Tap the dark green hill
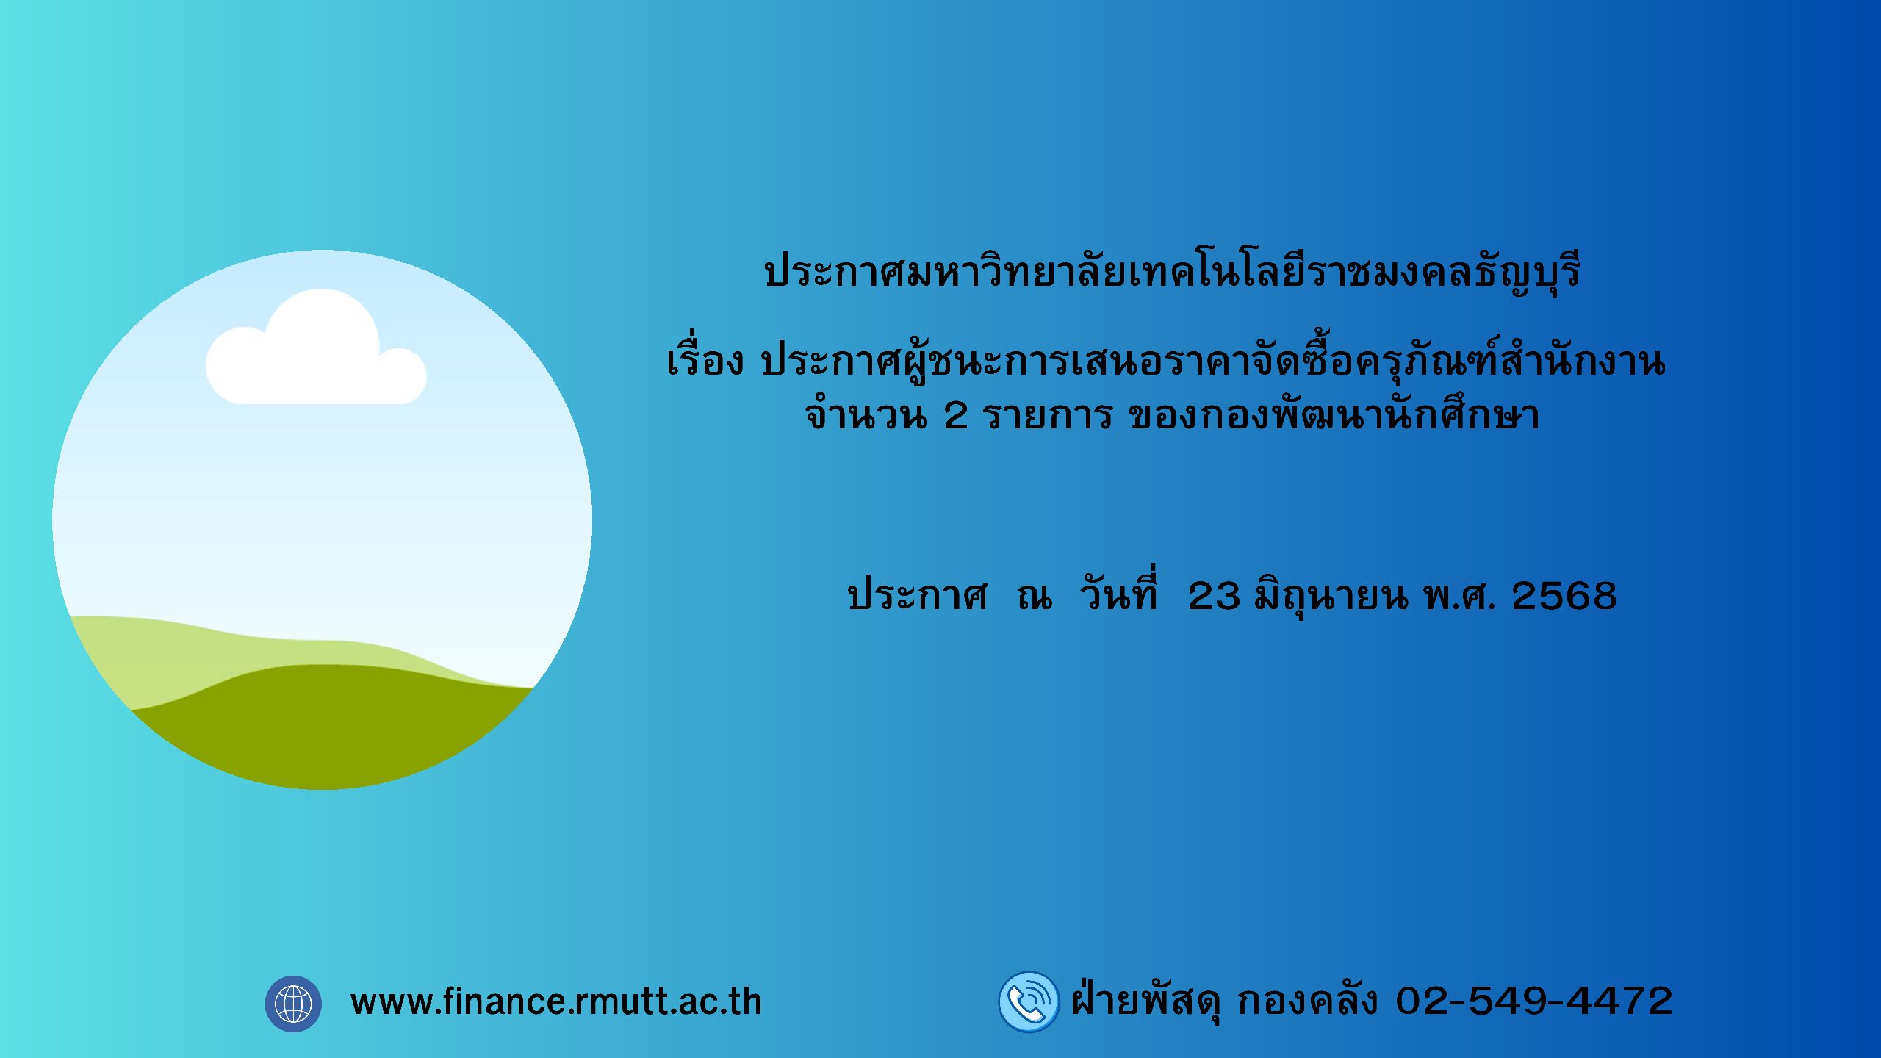point(331,727)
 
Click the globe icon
point(293,1004)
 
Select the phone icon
point(1029,1002)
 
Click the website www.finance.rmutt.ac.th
point(556,1002)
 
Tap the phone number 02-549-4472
point(1534,1001)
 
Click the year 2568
point(1564,596)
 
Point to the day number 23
point(1214,596)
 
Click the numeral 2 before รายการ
point(956,416)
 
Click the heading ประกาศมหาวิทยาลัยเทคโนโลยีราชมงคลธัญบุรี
point(1172,272)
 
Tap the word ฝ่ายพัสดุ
point(1146,998)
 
